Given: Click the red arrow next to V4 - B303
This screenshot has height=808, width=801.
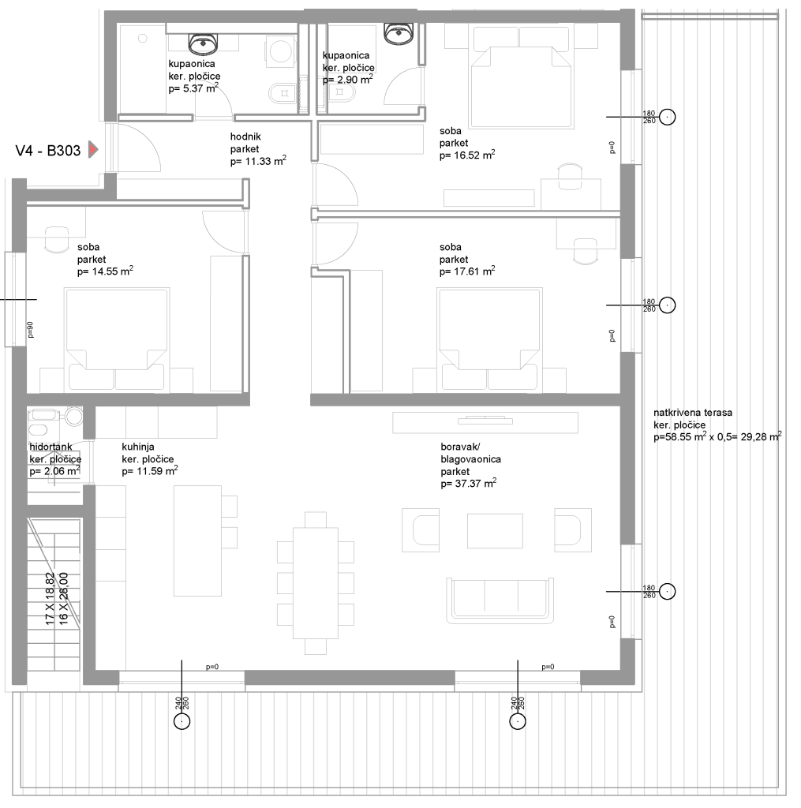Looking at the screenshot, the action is coord(93,150).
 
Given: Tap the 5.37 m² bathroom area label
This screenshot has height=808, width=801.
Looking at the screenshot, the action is coord(193,88).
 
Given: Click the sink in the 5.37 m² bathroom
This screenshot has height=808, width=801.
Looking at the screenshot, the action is coord(203,44).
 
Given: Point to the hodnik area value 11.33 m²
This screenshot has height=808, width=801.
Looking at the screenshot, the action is coord(258,161).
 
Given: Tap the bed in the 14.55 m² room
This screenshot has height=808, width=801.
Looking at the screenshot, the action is coord(117,340).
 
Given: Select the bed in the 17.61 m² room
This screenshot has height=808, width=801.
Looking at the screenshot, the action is coord(489,340).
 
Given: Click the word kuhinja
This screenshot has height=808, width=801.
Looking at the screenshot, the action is coord(138,447).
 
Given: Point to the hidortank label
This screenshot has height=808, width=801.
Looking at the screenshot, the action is coord(51,447).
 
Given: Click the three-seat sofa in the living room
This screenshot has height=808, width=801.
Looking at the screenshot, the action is coord(500,598).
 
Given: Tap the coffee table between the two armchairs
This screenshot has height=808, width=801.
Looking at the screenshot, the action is coord(495,531).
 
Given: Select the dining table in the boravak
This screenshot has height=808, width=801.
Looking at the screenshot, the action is coord(316,583).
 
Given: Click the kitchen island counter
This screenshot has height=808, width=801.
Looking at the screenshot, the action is coord(197,541).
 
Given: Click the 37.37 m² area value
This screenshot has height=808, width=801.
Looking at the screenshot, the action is coord(469,484).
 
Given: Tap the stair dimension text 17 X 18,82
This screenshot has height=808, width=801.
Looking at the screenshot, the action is coord(50,599).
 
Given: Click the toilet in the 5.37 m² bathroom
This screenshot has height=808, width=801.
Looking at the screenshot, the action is coord(282,93).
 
